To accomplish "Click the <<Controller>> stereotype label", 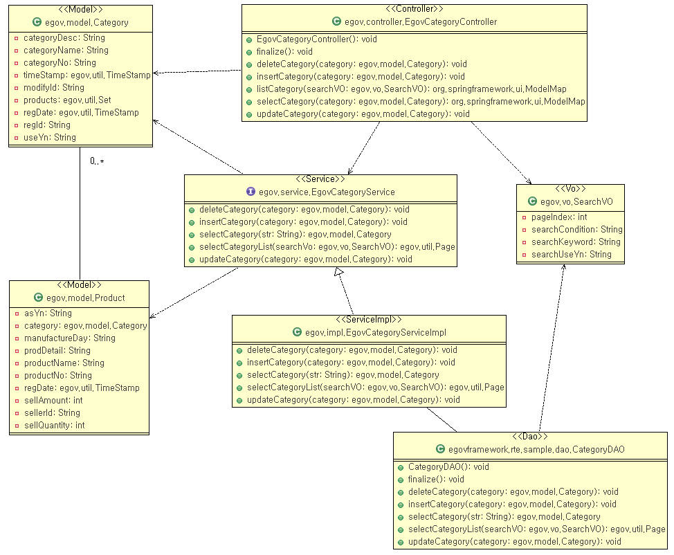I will coord(414,9).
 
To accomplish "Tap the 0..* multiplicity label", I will coord(97,161).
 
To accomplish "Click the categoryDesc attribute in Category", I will coord(64,37).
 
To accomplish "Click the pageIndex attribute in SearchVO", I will coord(559,217).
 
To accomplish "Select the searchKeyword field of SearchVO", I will coord(576,242).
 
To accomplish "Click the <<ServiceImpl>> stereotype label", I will coord(369,319).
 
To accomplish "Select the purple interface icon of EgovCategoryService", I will coord(251,191).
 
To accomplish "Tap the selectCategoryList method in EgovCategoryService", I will coord(327,246).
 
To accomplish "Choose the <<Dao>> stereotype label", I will coord(530,436).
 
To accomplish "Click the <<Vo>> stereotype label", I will coord(571,188).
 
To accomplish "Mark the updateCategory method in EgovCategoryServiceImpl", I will coord(353,399).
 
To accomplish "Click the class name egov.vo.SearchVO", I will coord(576,201).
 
